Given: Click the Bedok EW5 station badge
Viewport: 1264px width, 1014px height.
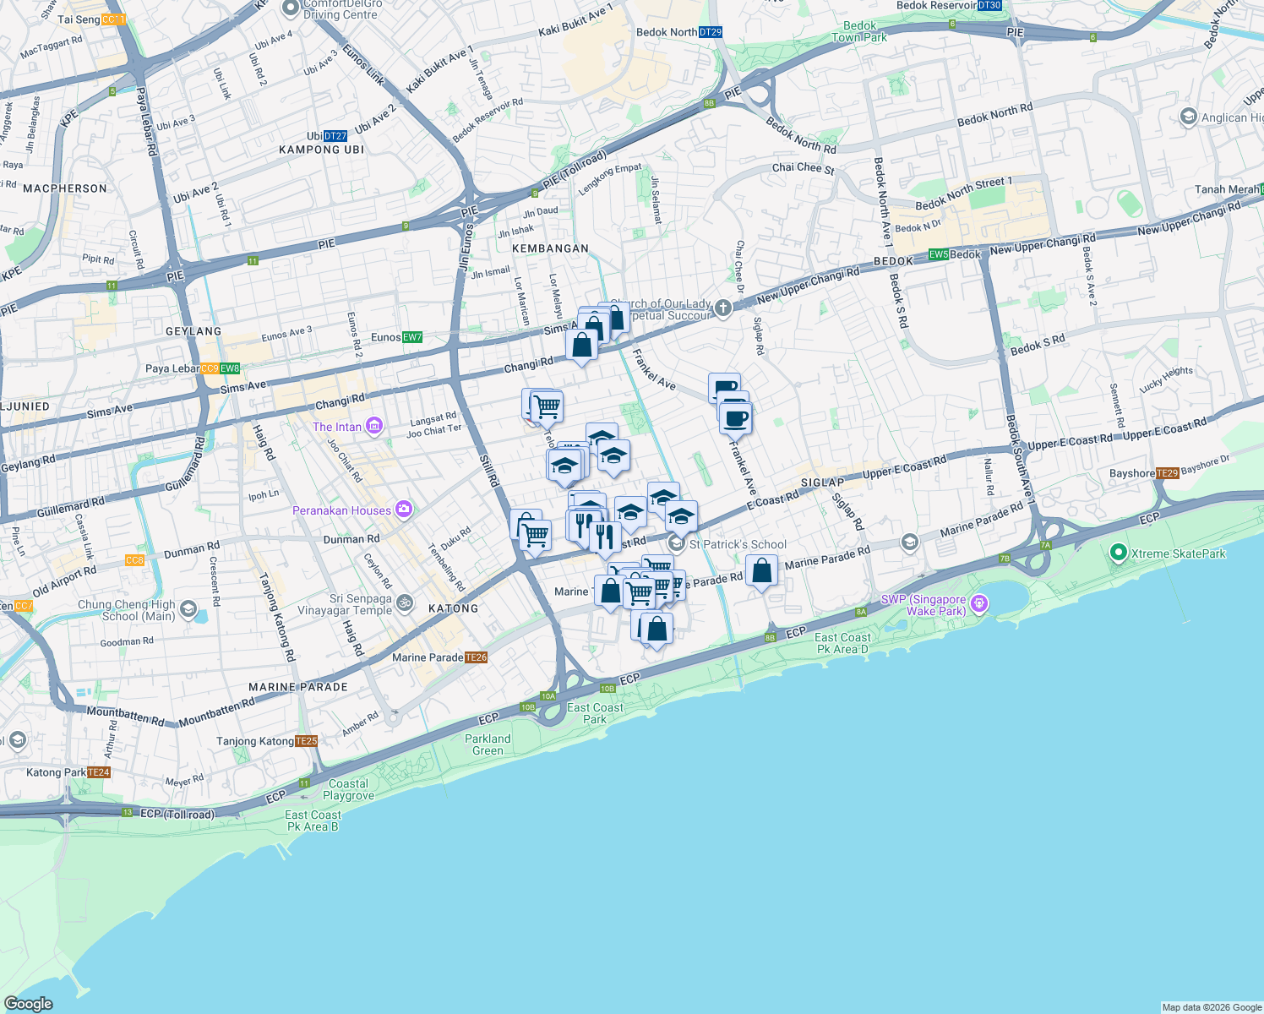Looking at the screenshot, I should point(939,254).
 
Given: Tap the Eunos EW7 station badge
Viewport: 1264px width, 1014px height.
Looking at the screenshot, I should point(411,337).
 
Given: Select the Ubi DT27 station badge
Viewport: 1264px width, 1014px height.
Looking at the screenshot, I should point(335,136).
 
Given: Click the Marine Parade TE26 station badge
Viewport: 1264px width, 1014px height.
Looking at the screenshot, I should point(476,657).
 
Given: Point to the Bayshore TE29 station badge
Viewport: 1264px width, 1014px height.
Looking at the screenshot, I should point(1167,473).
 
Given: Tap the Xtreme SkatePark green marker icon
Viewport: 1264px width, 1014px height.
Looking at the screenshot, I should point(1118,553).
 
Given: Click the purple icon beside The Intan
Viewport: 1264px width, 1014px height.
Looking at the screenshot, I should point(374,427).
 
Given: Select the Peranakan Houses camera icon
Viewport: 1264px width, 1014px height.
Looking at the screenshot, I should point(404,510).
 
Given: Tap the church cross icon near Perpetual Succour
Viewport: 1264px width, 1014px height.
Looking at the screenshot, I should point(722,308).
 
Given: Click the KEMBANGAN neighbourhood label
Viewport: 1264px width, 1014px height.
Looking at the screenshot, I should point(550,248).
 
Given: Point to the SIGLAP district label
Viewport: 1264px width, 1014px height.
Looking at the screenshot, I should point(822,482).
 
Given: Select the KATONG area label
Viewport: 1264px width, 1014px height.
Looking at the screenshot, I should point(454,608).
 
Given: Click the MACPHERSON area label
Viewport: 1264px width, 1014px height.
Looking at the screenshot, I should point(65,188).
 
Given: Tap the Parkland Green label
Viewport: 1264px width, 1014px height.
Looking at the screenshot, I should point(488,744).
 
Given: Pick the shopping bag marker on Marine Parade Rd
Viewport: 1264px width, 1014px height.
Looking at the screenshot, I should point(761,571).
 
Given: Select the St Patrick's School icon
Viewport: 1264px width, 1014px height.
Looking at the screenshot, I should point(676,543).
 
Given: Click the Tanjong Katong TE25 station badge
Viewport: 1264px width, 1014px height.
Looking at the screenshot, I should point(307,741).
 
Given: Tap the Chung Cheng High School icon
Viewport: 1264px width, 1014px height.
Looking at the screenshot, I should point(188,608).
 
